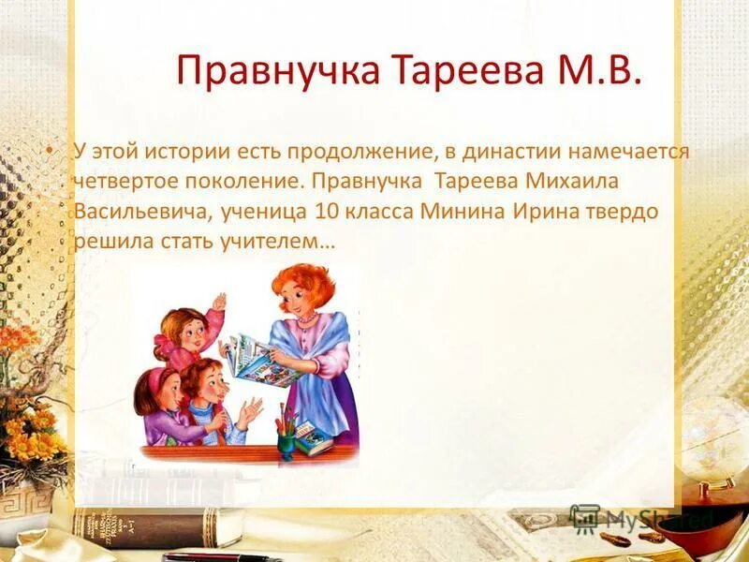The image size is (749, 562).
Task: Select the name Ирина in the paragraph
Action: [541, 211]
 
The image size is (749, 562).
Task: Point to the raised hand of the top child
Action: [218, 302]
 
